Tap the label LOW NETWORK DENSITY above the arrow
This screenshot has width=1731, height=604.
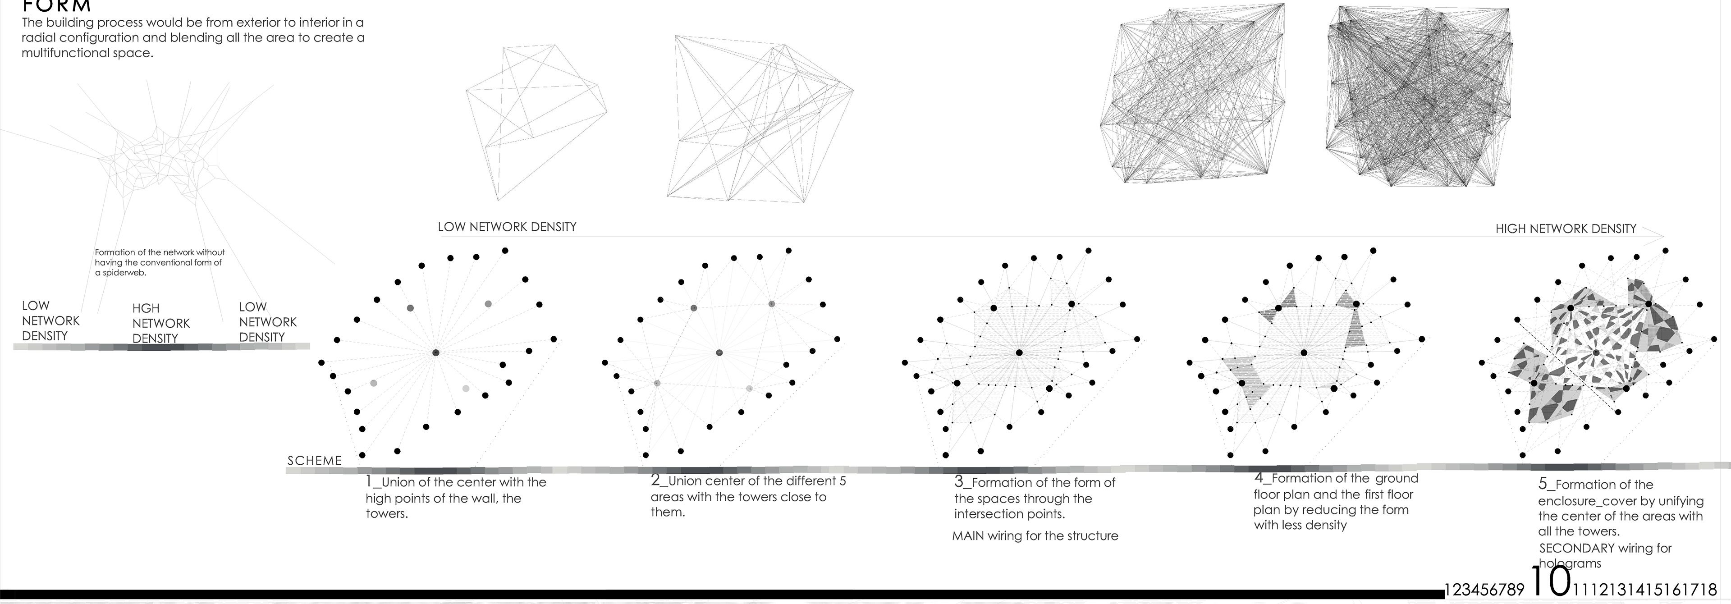507,227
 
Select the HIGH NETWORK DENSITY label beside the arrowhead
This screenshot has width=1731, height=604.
1566,229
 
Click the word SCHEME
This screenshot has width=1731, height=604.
315,461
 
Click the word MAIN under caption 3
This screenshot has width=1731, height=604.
968,536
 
